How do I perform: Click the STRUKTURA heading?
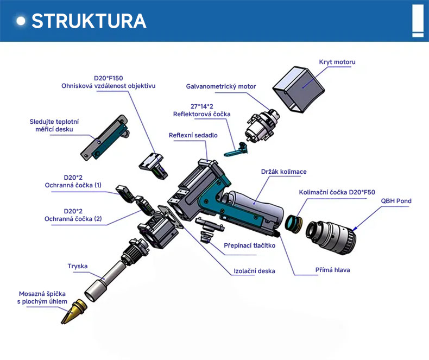(89, 21)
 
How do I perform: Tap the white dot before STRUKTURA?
(21, 21)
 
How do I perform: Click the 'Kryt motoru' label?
(337, 62)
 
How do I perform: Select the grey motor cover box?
(299, 89)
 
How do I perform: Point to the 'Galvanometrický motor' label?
(221, 86)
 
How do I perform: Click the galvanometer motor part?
(262, 125)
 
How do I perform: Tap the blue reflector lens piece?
(236, 150)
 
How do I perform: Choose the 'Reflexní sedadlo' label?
(193, 135)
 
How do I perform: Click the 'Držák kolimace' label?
(283, 172)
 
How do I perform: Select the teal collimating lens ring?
(293, 224)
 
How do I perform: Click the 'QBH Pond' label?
(396, 201)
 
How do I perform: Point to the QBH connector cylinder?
(331, 238)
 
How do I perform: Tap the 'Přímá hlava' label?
(332, 270)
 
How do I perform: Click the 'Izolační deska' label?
(254, 271)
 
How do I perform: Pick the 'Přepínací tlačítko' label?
(249, 245)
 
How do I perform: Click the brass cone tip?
(74, 311)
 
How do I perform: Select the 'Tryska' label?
(78, 266)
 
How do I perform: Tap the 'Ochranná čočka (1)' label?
(73, 185)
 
